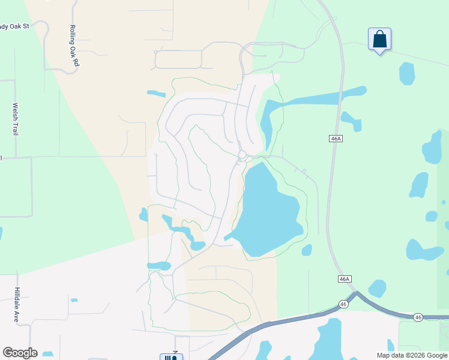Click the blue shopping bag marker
(379, 40)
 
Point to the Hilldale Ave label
(17, 304)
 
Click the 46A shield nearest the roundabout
(336, 139)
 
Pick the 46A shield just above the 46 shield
(344, 279)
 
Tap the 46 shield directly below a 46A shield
(343, 304)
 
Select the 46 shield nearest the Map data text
(418, 317)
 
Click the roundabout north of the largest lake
(242, 155)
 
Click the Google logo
(20, 352)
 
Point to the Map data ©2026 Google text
(412, 355)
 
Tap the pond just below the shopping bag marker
(407, 73)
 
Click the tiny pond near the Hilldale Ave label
(74, 300)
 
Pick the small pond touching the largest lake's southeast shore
(307, 250)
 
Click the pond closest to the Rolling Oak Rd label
(157, 94)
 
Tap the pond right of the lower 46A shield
(377, 288)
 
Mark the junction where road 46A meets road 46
(355, 294)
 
